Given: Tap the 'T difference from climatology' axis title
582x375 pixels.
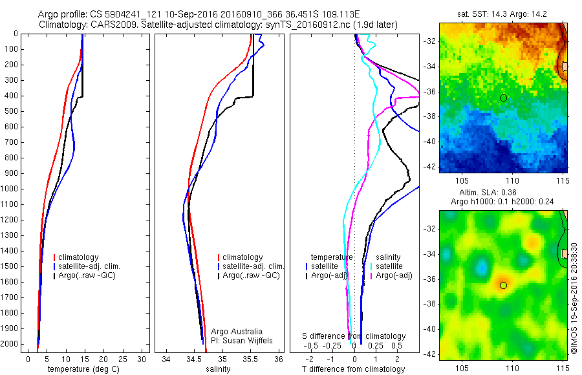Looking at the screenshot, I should pyautogui.click(x=353, y=369).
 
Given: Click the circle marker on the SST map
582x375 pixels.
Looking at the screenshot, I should pyautogui.click(x=503, y=98).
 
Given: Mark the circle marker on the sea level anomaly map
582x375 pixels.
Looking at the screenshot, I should pyautogui.click(x=503, y=285).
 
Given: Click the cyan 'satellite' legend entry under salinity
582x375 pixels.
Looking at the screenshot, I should pyautogui.click(x=389, y=266).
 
